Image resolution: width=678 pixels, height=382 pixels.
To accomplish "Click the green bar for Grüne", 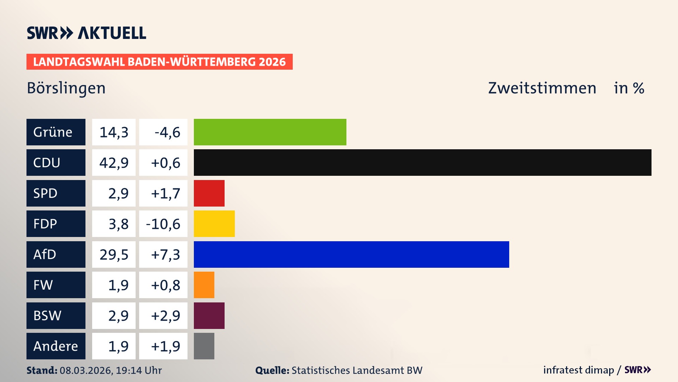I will pyautogui.click(x=270, y=132).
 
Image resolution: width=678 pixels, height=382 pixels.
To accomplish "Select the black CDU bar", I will pyautogui.click(x=422, y=163).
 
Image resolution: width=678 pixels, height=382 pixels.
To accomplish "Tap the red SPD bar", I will pyautogui.click(x=209, y=193).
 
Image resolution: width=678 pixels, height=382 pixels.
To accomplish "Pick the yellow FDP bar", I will pyautogui.click(x=214, y=224).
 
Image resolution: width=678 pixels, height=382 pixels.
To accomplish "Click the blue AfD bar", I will pyautogui.click(x=351, y=254).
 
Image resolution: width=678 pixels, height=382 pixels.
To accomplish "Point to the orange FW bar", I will pyautogui.click(x=204, y=285).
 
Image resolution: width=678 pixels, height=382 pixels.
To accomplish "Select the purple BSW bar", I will pyautogui.click(x=209, y=316).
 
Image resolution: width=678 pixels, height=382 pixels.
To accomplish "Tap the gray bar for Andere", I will pyautogui.click(x=204, y=346).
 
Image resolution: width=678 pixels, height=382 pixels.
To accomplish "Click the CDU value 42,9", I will pyautogui.click(x=114, y=163).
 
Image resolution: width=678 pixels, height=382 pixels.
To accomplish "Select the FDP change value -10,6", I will pyautogui.click(x=163, y=224).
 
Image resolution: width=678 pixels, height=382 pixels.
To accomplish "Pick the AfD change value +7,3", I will pyautogui.click(x=165, y=254).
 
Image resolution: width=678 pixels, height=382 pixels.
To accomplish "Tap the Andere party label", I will pyautogui.click(x=56, y=346).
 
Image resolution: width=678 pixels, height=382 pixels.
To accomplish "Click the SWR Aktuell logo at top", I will pyautogui.click(x=86, y=33).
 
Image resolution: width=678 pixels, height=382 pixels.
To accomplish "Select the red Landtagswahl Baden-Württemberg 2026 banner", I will pyautogui.click(x=159, y=62).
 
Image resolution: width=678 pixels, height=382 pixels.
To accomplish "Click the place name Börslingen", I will pyautogui.click(x=66, y=88).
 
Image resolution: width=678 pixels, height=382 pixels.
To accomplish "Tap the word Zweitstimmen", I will pyautogui.click(x=542, y=88).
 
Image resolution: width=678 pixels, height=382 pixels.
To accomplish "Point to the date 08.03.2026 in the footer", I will pyautogui.click(x=86, y=370).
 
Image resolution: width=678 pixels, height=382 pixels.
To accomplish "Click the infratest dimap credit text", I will pyautogui.click(x=578, y=370).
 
